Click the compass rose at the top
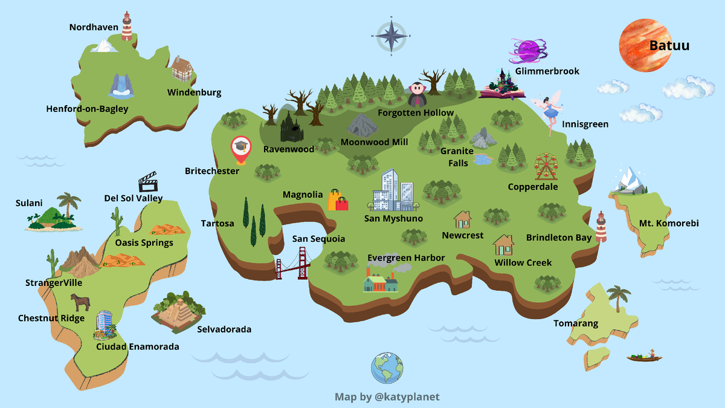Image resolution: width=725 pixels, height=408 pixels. [x=391, y=36]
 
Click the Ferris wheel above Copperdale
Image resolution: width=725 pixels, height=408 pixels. [x=546, y=166]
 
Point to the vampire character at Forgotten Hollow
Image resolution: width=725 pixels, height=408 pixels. [x=416, y=94]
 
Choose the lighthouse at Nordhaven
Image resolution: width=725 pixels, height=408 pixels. [x=126, y=25]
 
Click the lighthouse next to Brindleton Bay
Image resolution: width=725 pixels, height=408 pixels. [x=601, y=226]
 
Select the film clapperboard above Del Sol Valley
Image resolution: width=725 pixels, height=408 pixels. [x=148, y=181]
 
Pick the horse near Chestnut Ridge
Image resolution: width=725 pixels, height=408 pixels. [x=80, y=301]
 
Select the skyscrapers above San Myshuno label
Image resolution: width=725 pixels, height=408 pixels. [x=393, y=190]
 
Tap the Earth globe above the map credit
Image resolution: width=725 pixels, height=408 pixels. [x=387, y=368]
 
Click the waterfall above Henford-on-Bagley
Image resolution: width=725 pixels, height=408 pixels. [x=121, y=86]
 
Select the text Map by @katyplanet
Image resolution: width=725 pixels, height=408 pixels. [x=387, y=397]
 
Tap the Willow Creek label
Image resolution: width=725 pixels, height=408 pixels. [x=523, y=262]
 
